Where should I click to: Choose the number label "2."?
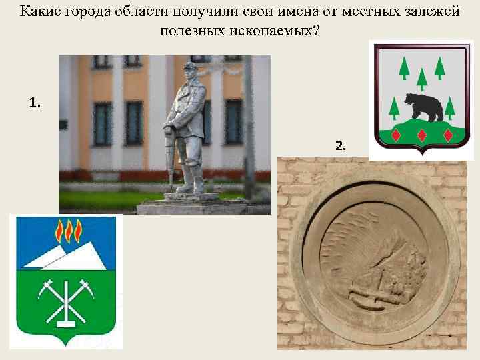pos(340,145)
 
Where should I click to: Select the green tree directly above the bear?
pos(421,77)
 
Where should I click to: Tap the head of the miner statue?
pos(189,69)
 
